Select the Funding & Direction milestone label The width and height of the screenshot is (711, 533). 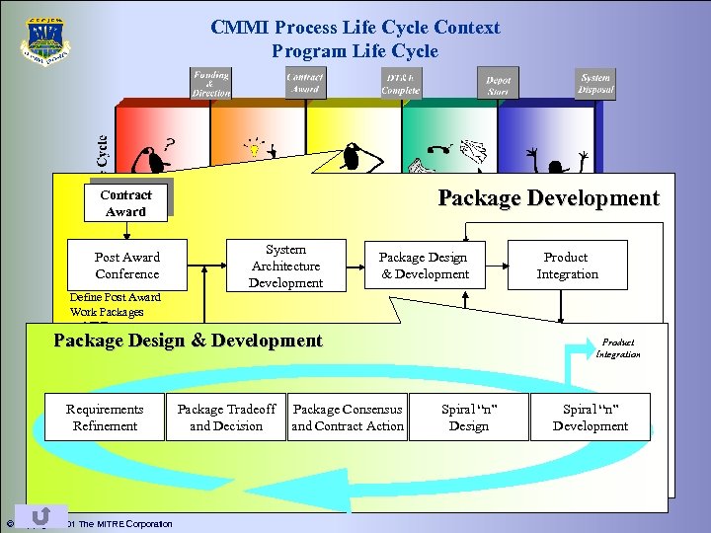(x=210, y=83)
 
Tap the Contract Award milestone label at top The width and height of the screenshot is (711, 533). (x=304, y=83)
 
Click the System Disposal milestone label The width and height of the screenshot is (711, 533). (x=595, y=83)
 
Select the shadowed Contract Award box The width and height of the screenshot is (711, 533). (x=125, y=203)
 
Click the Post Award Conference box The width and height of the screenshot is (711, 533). (x=126, y=265)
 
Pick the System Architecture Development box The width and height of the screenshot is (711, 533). (x=285, y=266)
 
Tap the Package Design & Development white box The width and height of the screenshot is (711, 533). (x=425, y=265)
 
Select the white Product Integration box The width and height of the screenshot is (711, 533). (x=567, y=265)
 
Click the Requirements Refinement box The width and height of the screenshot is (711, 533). (x=104, y=417)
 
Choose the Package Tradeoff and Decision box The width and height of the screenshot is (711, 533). (x=226, y=417)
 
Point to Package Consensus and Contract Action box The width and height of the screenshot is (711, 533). (x=348, y=417)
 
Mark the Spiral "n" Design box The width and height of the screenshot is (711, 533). (x=468, y=417)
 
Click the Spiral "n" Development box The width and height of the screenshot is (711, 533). (x=590, y=417)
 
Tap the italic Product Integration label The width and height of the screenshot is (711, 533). (x=618, y=347)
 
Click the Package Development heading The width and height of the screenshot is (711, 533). (x=548, y=197)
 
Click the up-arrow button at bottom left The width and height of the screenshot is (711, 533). (x=41, y=515)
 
